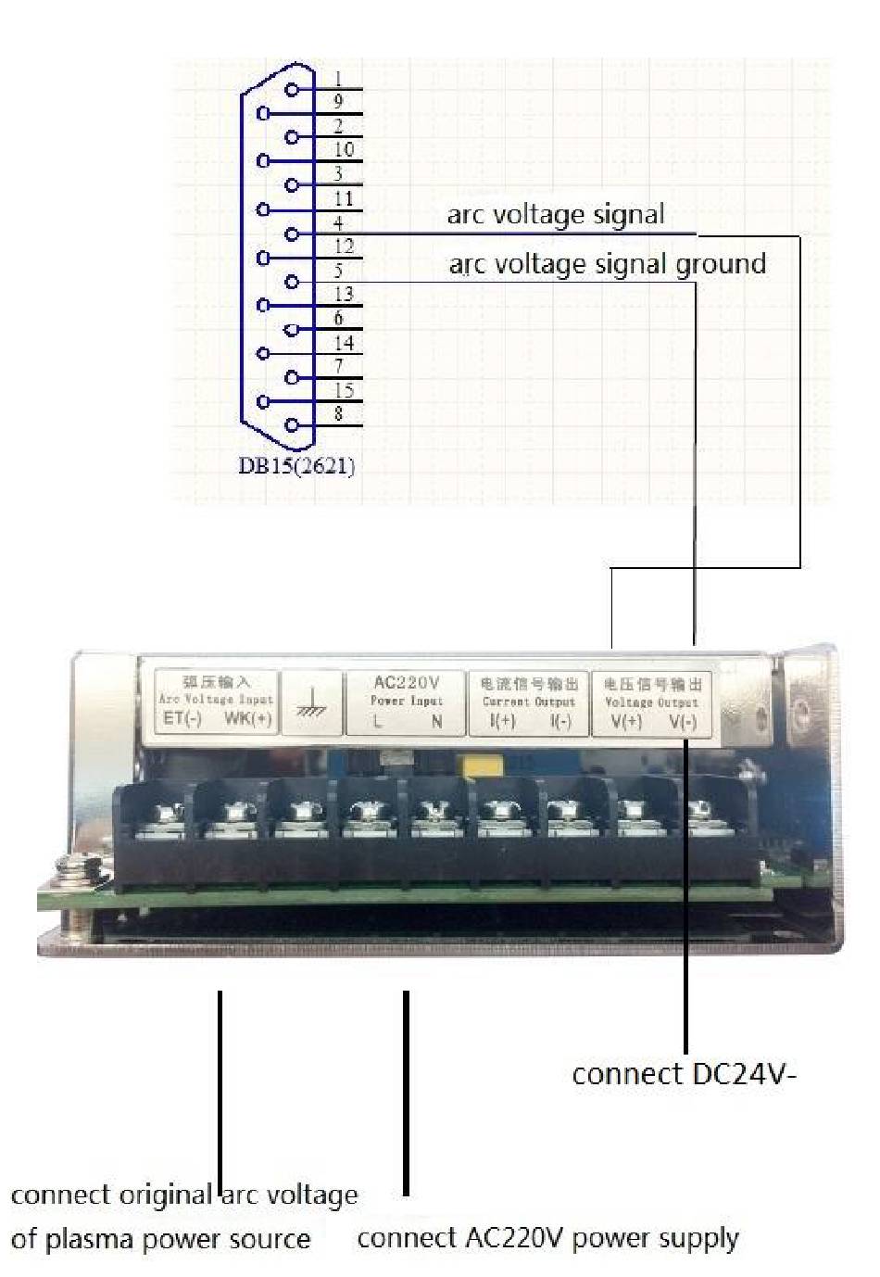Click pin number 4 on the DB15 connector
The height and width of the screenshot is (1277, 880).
click(292, 234)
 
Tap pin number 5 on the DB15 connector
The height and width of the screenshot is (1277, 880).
click(292, 282)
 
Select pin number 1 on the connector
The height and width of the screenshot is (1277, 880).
click(292, 90)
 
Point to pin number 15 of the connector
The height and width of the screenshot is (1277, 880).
click(263, 402)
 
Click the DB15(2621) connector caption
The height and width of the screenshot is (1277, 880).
click(296, 465)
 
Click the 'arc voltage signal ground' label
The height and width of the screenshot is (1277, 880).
click(607, 264)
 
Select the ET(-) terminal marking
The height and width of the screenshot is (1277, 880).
click(182, 719)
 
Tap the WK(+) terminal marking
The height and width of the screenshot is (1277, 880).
click(247, 719)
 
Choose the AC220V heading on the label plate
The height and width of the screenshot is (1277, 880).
click(406, 683)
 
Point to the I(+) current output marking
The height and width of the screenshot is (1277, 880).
click(502, 721)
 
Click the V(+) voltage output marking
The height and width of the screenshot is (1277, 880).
click(626, 722)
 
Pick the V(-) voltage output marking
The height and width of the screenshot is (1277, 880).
click(683, 722)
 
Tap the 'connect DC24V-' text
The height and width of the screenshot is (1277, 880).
click(684, 1074)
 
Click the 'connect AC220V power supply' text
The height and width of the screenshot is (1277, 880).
click(547, 1238)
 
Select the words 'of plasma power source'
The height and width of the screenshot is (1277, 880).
click(160, 1239)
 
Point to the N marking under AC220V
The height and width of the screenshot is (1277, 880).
click(436, 721)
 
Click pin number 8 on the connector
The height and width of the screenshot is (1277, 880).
click(292, 425)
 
